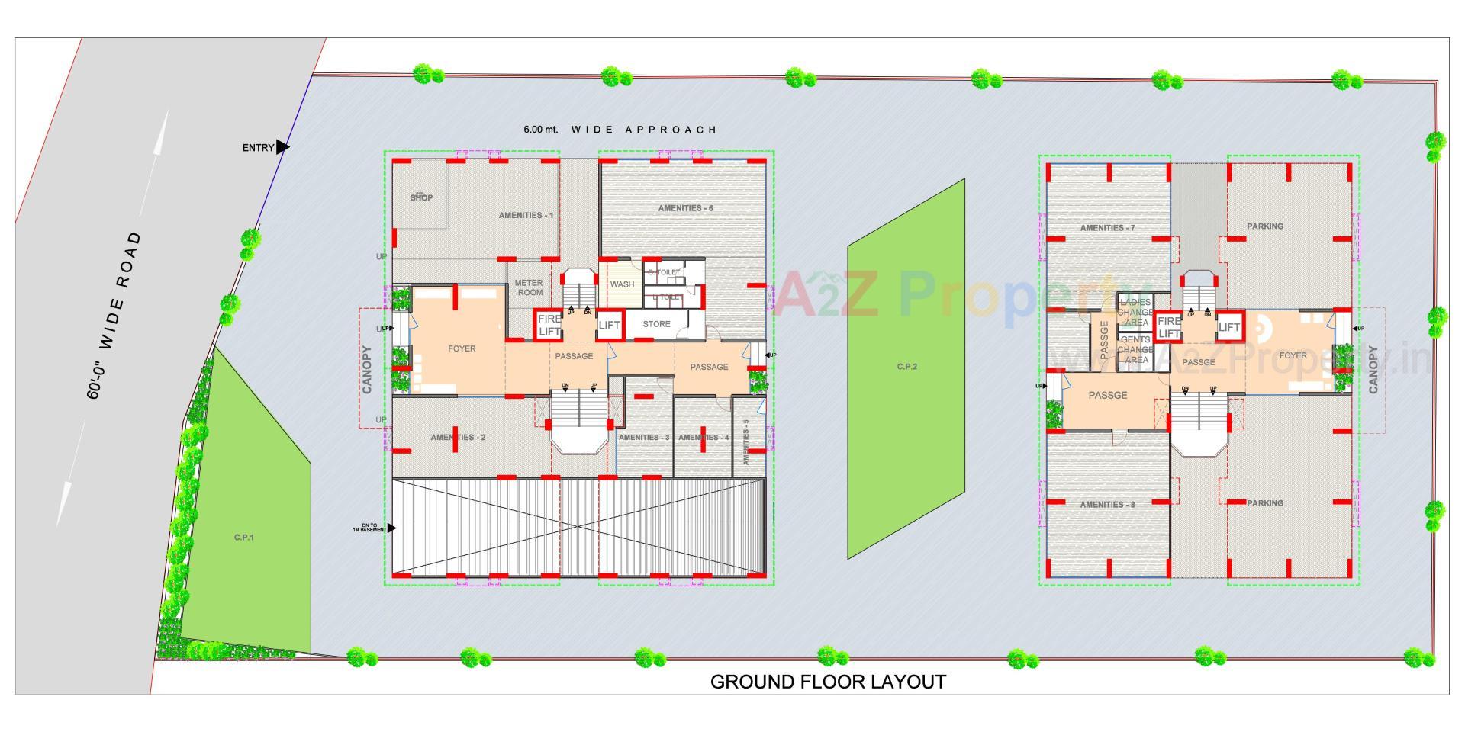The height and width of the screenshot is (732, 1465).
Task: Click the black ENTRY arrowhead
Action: click(282, 147)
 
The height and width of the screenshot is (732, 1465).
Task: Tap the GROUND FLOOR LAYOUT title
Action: click(828, 682)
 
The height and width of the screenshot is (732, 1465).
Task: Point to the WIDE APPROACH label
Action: click(644, 130)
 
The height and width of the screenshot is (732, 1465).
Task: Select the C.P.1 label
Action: click(244, 538)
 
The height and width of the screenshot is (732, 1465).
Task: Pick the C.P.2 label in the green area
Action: click(906, 367)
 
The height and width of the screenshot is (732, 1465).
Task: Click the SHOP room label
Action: click(421, 197)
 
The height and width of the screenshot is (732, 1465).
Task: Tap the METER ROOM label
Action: click(529, 287)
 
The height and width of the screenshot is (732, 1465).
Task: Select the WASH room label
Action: click(622, 284)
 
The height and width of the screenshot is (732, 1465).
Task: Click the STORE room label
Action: click(656, 324)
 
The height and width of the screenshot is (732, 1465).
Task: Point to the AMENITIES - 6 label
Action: click(686, 208)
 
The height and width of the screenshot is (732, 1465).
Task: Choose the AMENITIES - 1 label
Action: click(526, 215)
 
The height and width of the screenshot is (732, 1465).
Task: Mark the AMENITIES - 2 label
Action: click(458, 438)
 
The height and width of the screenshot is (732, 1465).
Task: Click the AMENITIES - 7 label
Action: click(1107, 228)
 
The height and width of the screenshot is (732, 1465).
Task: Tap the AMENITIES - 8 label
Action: click(1107, 505)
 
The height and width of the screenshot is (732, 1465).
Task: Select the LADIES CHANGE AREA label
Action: click(1135, 313)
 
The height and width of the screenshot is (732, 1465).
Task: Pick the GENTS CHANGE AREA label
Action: click(1135, 350)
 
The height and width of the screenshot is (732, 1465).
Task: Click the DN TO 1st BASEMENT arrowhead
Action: click(391, 528)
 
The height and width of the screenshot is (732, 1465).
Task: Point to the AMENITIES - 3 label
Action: click(643, 438)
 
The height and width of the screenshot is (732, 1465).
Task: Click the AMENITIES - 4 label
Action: click(704, 438)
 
